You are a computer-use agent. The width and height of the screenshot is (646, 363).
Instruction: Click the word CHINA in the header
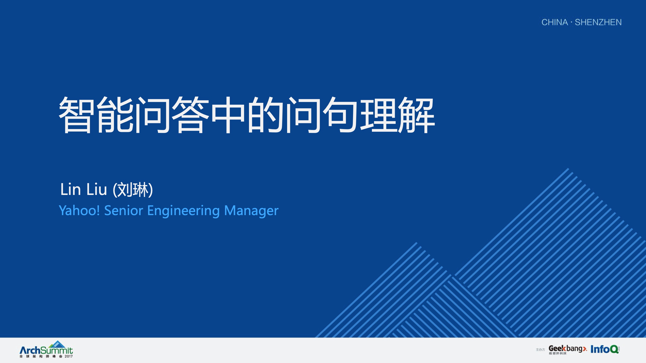(554, 22)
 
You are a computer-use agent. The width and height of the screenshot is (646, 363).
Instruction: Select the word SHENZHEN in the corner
(598, 22)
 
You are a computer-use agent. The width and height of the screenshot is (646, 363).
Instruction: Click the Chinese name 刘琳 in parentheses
(133, 190)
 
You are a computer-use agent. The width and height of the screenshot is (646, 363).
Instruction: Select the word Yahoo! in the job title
(79, 210)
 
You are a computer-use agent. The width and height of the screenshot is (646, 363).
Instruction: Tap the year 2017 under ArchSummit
(68, 357)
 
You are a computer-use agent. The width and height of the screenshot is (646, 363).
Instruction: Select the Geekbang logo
(567, 349)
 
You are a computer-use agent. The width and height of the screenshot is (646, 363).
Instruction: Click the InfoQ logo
(605, 349)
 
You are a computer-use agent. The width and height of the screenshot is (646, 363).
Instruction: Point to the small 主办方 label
(540, 350)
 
